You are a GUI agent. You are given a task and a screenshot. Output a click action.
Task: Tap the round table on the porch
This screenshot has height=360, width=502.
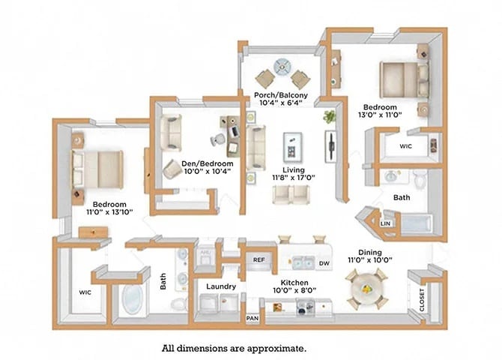coord(283,66)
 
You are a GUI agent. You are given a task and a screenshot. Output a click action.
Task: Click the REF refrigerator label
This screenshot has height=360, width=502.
coord(259,260)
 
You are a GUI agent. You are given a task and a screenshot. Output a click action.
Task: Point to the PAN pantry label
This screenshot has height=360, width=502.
coord(252,318)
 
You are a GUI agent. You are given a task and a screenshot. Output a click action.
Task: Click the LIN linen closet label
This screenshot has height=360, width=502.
coord(387,223)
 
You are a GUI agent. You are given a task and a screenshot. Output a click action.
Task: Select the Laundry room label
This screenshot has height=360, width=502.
coord(221,286)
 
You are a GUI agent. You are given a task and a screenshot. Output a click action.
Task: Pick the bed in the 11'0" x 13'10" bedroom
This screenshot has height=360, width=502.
coord(97,168)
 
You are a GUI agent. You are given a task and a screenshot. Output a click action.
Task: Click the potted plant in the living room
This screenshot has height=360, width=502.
coord(329,117)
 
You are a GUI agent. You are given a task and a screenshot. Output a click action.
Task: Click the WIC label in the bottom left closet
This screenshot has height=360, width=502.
coord(85,292)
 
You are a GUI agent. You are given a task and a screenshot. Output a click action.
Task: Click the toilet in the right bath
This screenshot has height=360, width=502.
coord(420,178)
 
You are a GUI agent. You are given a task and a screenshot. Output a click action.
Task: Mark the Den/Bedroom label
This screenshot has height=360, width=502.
coord(208,163)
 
